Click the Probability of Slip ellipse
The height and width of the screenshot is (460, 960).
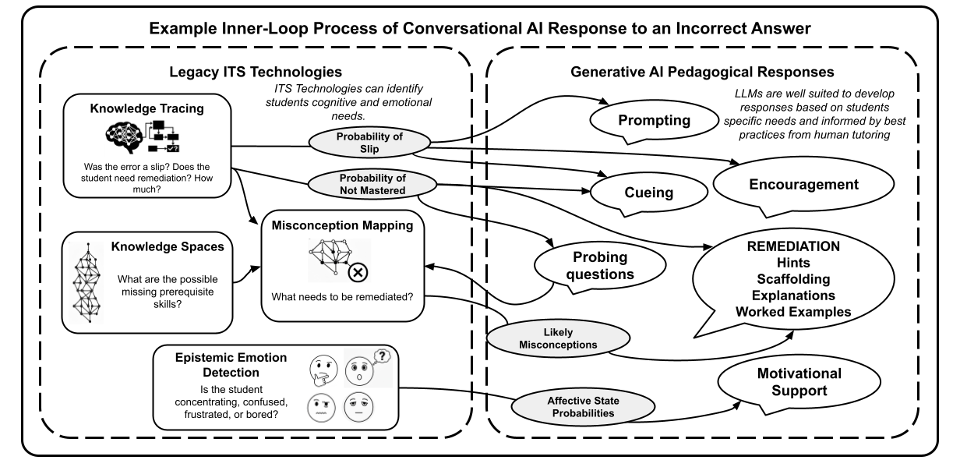coord(369,143)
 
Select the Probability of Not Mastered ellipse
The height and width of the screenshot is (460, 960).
coord(372,185)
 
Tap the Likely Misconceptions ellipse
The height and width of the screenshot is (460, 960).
coord(558,338)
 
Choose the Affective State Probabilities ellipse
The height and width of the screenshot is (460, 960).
coord(583,407)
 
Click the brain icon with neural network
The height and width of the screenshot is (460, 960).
coord(123,137)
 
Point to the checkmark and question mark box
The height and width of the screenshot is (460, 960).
coord(172,148)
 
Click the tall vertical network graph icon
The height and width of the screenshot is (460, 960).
coord(86,282)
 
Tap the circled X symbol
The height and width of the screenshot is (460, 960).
coord(358,272)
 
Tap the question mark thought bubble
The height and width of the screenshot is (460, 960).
coord(382,356)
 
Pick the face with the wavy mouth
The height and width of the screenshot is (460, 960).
coord(321,408)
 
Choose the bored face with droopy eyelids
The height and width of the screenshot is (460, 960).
coord(358,408)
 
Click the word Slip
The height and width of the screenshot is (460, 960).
coord(369,149)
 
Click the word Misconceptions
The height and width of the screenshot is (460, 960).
coord(558,345)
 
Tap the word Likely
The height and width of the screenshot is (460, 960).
coord(558,332)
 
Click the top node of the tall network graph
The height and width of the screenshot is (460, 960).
coord(88,245)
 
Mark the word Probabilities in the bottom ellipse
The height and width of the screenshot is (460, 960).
coord(583,413)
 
